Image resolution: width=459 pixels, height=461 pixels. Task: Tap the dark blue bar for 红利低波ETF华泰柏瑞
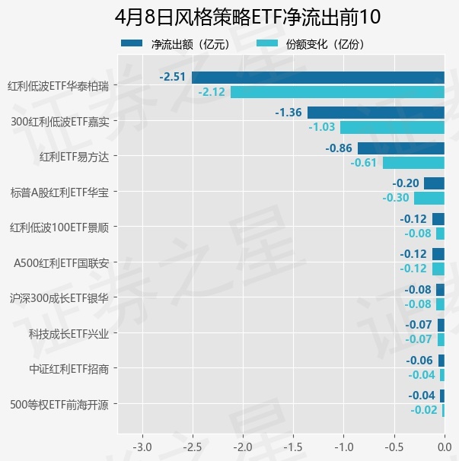coord(317,77)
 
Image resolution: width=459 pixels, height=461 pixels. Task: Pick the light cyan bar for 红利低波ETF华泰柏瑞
coord(337,92)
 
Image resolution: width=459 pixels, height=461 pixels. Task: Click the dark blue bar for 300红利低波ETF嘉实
coord(375,113)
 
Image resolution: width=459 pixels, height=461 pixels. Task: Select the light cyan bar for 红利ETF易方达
coord(413,163)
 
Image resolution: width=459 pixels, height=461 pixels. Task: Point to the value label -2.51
coord(173,77)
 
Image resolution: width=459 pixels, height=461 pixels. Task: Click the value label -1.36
coord(288,113)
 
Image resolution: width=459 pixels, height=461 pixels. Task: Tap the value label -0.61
coord(364,163)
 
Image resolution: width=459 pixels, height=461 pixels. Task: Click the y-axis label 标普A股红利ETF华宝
coord(64,192)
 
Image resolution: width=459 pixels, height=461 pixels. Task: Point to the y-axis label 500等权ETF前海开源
coord(63,404)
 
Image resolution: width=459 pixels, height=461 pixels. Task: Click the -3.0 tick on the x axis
coord(142,444)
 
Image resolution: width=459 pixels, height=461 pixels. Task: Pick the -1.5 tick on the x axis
coord(293,444)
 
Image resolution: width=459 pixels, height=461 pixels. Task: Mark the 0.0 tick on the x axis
coord(445,444)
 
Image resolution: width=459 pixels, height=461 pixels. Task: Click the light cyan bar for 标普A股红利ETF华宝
coord(429,198)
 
